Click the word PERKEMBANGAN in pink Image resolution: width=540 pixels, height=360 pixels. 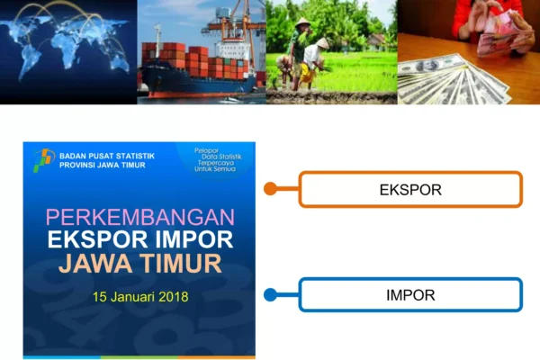pos(140,217)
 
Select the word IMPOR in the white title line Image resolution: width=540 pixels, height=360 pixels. pos(193,239)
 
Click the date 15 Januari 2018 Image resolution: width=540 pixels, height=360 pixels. pos(140,297)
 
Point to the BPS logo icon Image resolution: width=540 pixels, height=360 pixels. pos(44,160)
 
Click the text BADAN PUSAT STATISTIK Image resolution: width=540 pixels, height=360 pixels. pos(107,156)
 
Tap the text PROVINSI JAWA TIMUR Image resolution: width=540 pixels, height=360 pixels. pos(103,165)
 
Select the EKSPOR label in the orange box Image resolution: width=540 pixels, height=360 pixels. pos(410,190)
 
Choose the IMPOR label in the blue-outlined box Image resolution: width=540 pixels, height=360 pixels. pos(410,295)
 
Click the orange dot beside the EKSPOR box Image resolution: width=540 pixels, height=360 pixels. pos(270,188)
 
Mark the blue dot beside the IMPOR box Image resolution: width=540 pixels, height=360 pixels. pos(270,295)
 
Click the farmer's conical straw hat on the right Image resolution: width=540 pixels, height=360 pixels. pos(323,42)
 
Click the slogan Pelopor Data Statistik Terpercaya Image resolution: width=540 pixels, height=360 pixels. pos(218,160)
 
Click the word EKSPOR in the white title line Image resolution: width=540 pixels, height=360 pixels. pos(99,239)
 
